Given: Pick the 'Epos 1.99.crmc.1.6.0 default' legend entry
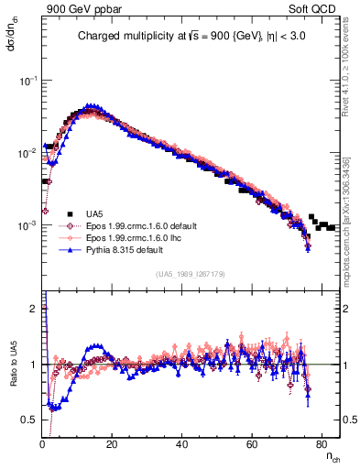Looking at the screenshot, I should (x=132, y=224).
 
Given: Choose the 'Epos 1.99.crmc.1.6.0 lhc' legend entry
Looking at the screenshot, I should (x=125, y=236).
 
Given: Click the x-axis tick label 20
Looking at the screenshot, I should (x=112, y=443).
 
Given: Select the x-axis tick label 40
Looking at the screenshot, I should (x=182, y=443).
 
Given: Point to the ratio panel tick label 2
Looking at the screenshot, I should (x=34, y=309).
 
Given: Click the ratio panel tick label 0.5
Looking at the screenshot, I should (x=31, y=420).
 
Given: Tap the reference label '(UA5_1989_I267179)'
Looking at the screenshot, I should (x=191, y=274).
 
